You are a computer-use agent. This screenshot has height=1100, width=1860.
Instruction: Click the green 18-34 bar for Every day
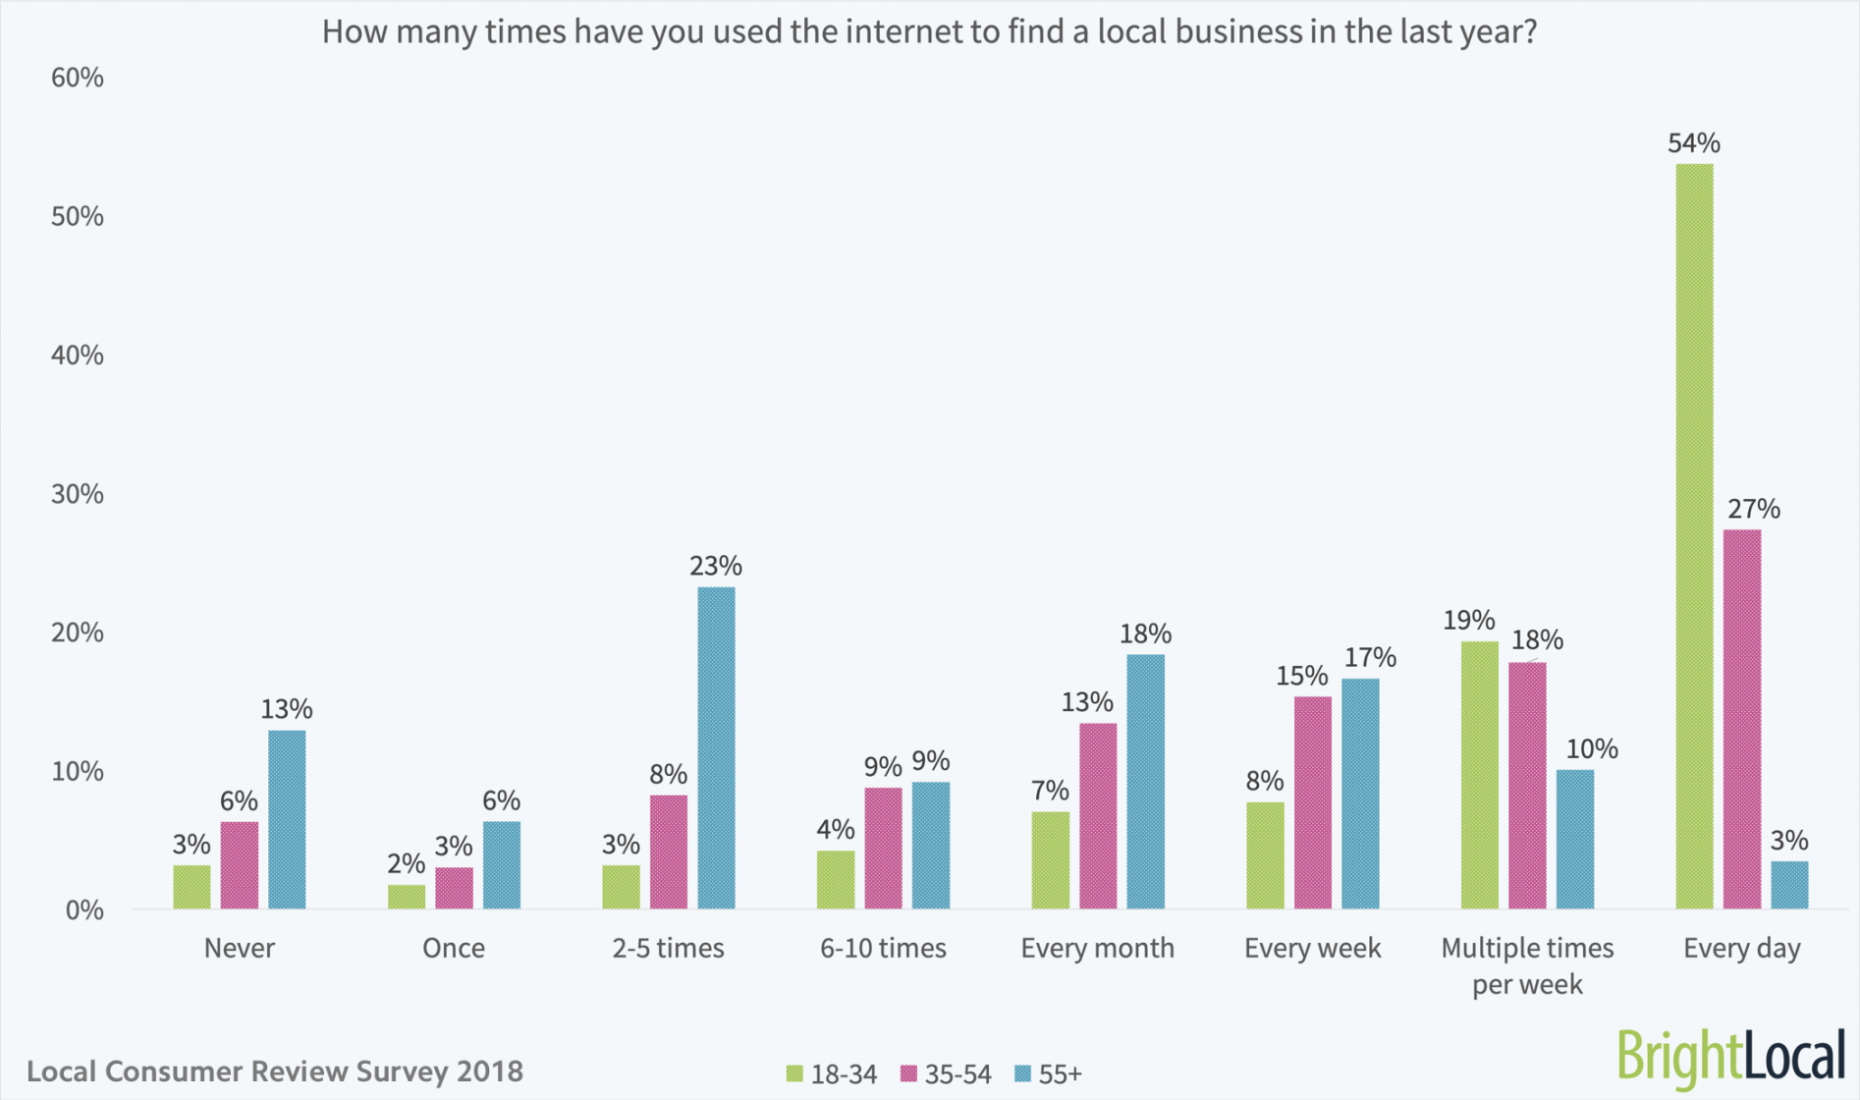[x=1694, y=535]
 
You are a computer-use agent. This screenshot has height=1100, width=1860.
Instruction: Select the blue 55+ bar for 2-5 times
[x=716, y=747]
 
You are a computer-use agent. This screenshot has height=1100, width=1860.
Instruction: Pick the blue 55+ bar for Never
[x=287, y=819]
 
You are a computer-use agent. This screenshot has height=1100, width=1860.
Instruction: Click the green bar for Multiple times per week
[x=1479, y=775]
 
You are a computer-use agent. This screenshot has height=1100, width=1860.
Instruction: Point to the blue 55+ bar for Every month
[x=1145, y=781]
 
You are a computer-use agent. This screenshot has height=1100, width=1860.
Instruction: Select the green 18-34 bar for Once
[x=407, y=896]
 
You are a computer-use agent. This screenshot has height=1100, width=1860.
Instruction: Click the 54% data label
[x=1694, y=143]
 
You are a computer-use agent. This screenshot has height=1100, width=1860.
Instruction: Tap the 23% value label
[x=716, y=566]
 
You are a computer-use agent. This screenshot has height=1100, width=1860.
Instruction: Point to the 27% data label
[x=1754, y=509]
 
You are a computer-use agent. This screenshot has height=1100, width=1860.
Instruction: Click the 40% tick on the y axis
[x=77, y=355]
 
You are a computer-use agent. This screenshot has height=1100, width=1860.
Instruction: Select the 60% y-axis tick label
[x=77, y=78]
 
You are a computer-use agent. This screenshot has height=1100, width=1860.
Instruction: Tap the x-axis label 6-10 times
[x=883, y=948]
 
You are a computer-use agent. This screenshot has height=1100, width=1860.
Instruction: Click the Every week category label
[x=1312, y=948]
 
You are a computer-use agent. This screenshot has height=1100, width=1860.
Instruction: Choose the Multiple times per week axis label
[x=1527, y=964]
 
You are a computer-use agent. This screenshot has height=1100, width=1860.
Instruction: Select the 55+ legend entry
[x=1048, y=1074]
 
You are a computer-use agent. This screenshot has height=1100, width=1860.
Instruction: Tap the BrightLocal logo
[x=1730, y=1057]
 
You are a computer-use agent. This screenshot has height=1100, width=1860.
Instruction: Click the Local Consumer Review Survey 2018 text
[x=275, y=1071]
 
